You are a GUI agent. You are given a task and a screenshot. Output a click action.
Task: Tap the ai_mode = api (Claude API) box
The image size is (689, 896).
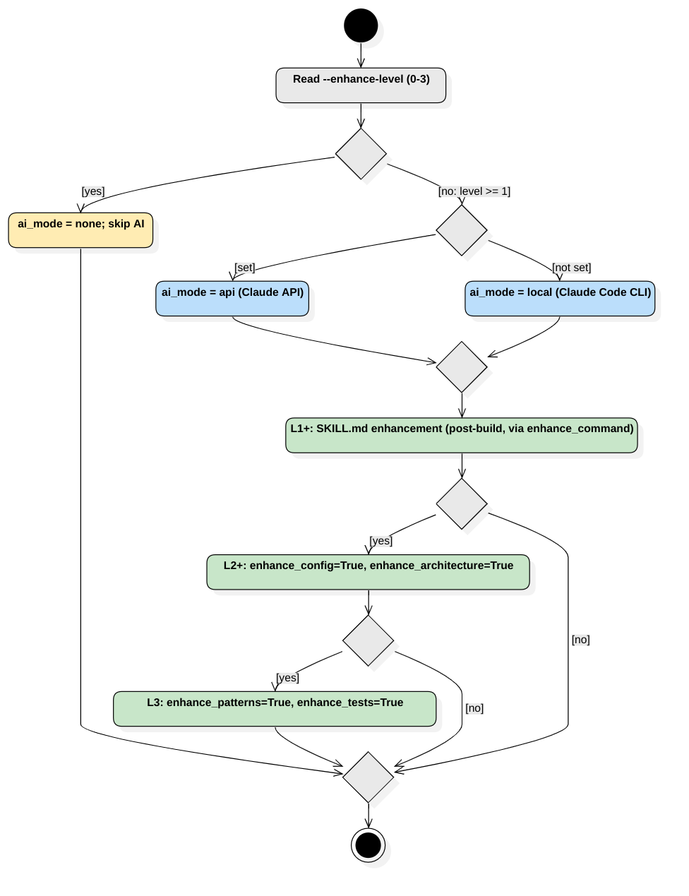point(233,299)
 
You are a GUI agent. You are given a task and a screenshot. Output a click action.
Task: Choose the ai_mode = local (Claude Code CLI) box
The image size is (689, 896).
point(560,299)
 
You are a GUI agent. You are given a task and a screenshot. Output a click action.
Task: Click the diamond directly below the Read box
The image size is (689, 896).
point(361,154)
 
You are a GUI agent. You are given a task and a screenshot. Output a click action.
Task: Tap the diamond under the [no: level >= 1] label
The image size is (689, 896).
point(462,231)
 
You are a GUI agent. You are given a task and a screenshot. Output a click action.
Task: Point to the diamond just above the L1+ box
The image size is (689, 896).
point(462,367)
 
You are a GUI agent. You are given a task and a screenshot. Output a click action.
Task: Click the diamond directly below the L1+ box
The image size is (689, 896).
point(462,504)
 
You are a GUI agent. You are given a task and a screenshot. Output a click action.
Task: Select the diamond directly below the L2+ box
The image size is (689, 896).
point(369,640)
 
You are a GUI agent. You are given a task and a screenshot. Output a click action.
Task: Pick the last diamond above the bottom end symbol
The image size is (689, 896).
point(369,777)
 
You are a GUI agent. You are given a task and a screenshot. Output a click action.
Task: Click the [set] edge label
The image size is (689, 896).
point(244,268)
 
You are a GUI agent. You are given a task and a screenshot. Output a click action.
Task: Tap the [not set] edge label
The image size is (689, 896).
point(571,268)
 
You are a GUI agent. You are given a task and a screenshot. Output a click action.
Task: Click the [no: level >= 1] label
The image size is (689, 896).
point(474,191)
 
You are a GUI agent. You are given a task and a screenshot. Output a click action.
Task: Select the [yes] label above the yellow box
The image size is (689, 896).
point(93,191)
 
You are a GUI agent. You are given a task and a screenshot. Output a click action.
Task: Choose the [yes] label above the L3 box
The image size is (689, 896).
point(287,678)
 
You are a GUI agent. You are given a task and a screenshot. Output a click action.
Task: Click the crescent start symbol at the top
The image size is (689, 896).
point(367,31)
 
